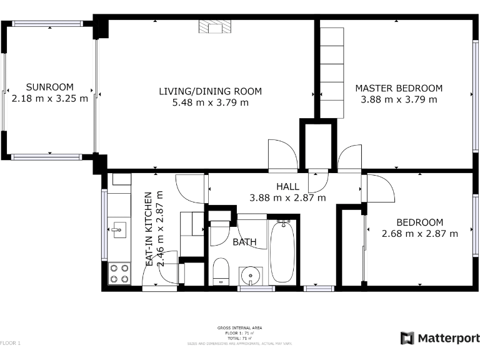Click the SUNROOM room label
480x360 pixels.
(x=49, y=87)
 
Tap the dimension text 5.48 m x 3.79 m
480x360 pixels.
(x=210, y=102)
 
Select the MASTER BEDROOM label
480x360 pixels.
(x=399, y=88)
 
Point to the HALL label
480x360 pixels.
(x=287, y=187)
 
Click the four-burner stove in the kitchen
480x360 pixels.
(x=119, y=272)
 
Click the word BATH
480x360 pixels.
(x=244, y=242)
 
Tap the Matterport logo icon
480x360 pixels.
(x=407, y=338)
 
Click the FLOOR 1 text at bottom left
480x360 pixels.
(x=11, y=343)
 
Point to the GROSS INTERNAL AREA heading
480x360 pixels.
(x=239, y=328)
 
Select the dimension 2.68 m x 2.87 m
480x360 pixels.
(x=420, y=234)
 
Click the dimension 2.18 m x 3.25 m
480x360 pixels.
(x=50, y=99)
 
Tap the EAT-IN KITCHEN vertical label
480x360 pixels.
(x=149, y=229)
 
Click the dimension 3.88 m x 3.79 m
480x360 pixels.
(x=399, y=99)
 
